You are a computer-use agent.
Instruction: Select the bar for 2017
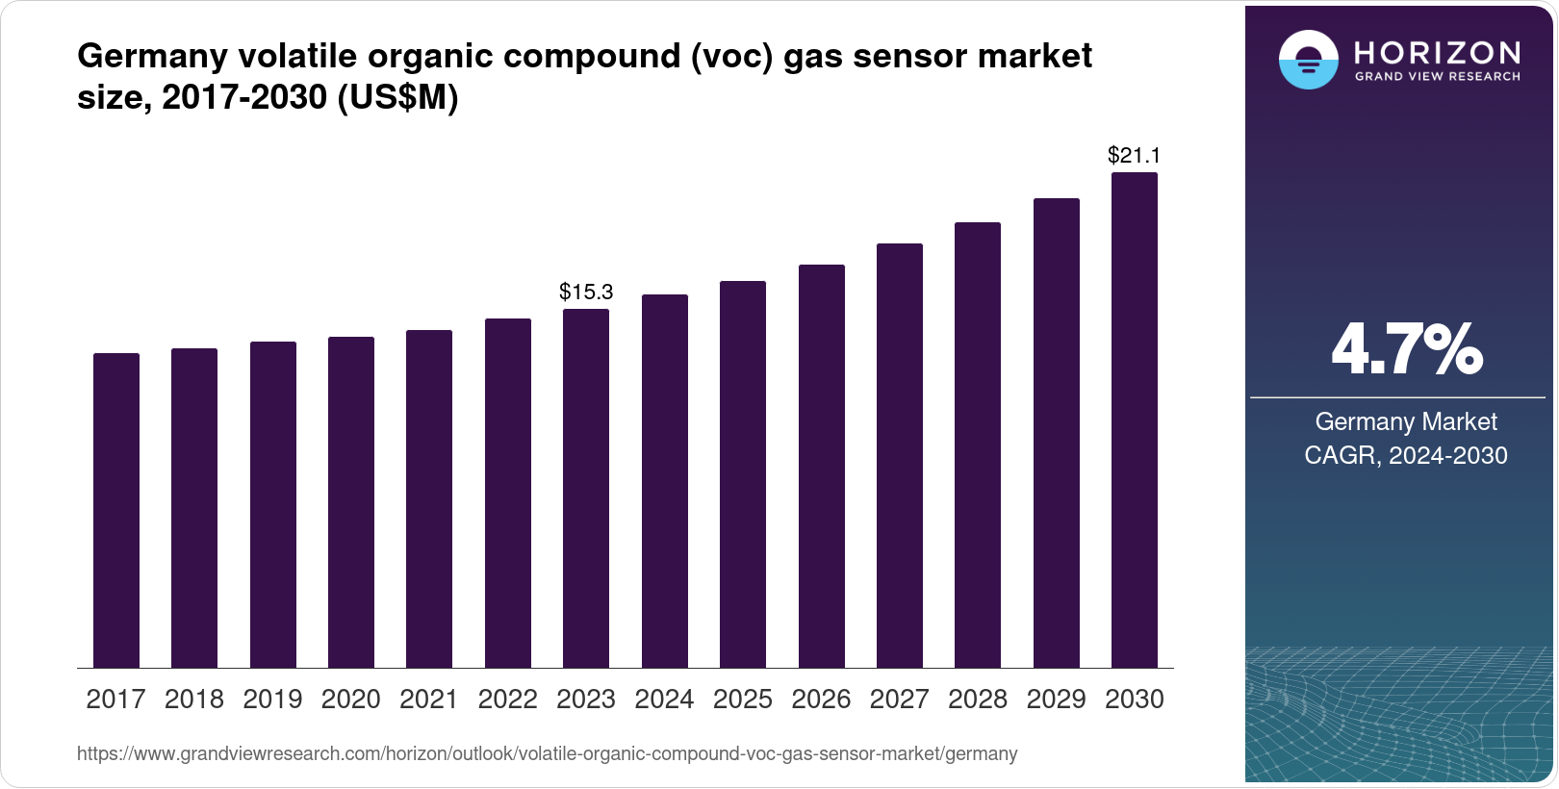[116, 510]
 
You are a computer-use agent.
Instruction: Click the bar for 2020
[351, 502]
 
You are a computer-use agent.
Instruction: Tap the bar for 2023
[586, 488]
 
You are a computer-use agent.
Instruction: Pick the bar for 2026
[822, 466]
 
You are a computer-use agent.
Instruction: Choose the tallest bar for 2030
[1135, 420]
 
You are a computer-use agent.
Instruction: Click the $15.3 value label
[586, 292]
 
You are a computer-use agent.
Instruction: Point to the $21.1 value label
[1135, 155]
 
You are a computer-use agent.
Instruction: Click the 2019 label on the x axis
[272, 700]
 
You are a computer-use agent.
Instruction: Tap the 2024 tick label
[664, 700]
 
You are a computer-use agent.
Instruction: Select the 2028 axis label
[978, 700]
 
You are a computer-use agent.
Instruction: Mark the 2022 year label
[507, 700]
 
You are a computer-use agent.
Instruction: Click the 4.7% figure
[1406, 350]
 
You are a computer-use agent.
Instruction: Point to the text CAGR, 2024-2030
[1406, 455]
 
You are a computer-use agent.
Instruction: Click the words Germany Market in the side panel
[1406, 421]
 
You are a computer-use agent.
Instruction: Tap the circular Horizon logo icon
[1308, 60]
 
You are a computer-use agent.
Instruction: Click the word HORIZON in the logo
[1438, 52]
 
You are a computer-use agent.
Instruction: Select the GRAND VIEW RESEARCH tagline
[1438, 76]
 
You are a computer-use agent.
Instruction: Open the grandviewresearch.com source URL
[547, 754]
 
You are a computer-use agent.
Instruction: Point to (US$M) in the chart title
[397, 97]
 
